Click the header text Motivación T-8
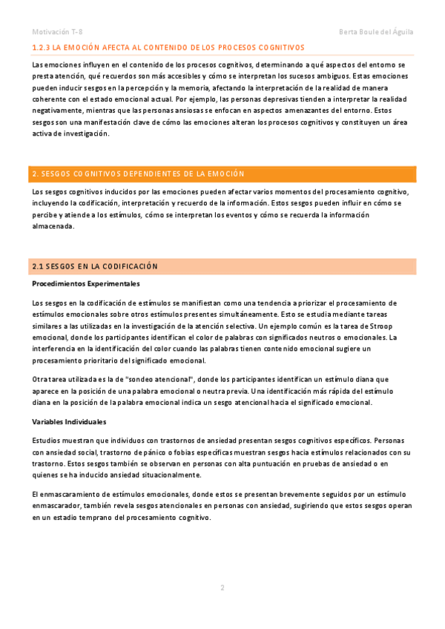pyautogui.click(x=57, y=31)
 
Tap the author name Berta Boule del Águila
pyautogui.click(x=375, y=31)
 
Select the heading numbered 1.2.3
pyautogui.click(x=163, y=47)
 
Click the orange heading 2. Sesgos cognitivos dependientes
pyautogui.click(x=138, y=174)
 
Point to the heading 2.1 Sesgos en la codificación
pyautogui.click(x=95, y=266)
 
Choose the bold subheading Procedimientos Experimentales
pyautogui.click(x=86, y=283)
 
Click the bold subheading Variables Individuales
pyautogui.click(x=71, y=421)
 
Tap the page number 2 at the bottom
pyautogui.click(x=222, y=587)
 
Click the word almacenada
pyautogui.click(x=53, y=226)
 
